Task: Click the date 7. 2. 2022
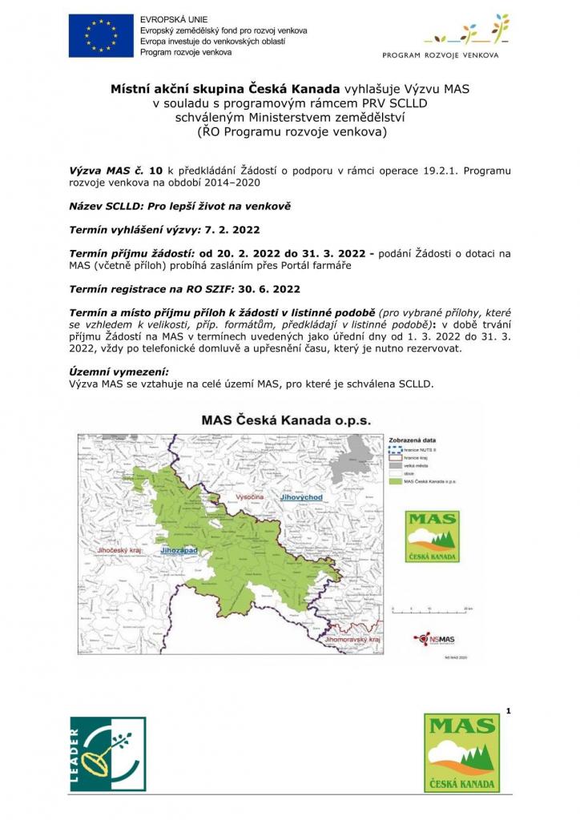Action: tap(231, 229)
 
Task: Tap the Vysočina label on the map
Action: tap(251, 498)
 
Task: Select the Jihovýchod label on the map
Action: tap(301, 498)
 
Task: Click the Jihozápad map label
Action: tap(179, 551)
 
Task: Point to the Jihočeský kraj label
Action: tap(119, 551)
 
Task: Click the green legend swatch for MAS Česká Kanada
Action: tap(395, 482)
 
